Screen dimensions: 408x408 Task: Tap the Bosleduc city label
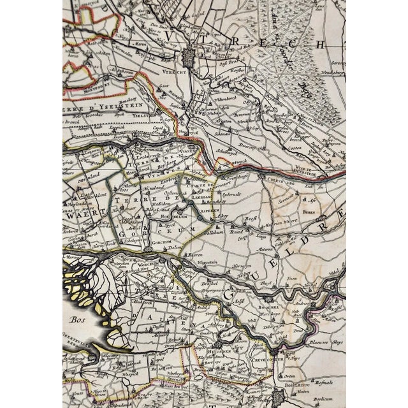tap(289, 384)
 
